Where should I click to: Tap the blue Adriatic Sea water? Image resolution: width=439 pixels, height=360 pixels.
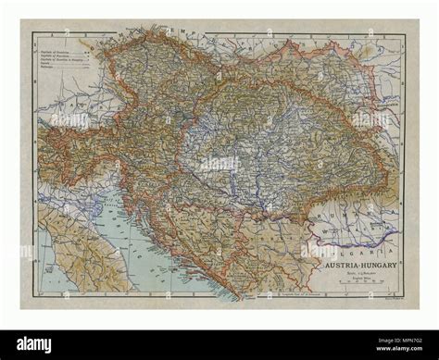click(148, 250)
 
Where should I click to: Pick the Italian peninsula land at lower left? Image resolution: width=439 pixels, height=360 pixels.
click(74, 250)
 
